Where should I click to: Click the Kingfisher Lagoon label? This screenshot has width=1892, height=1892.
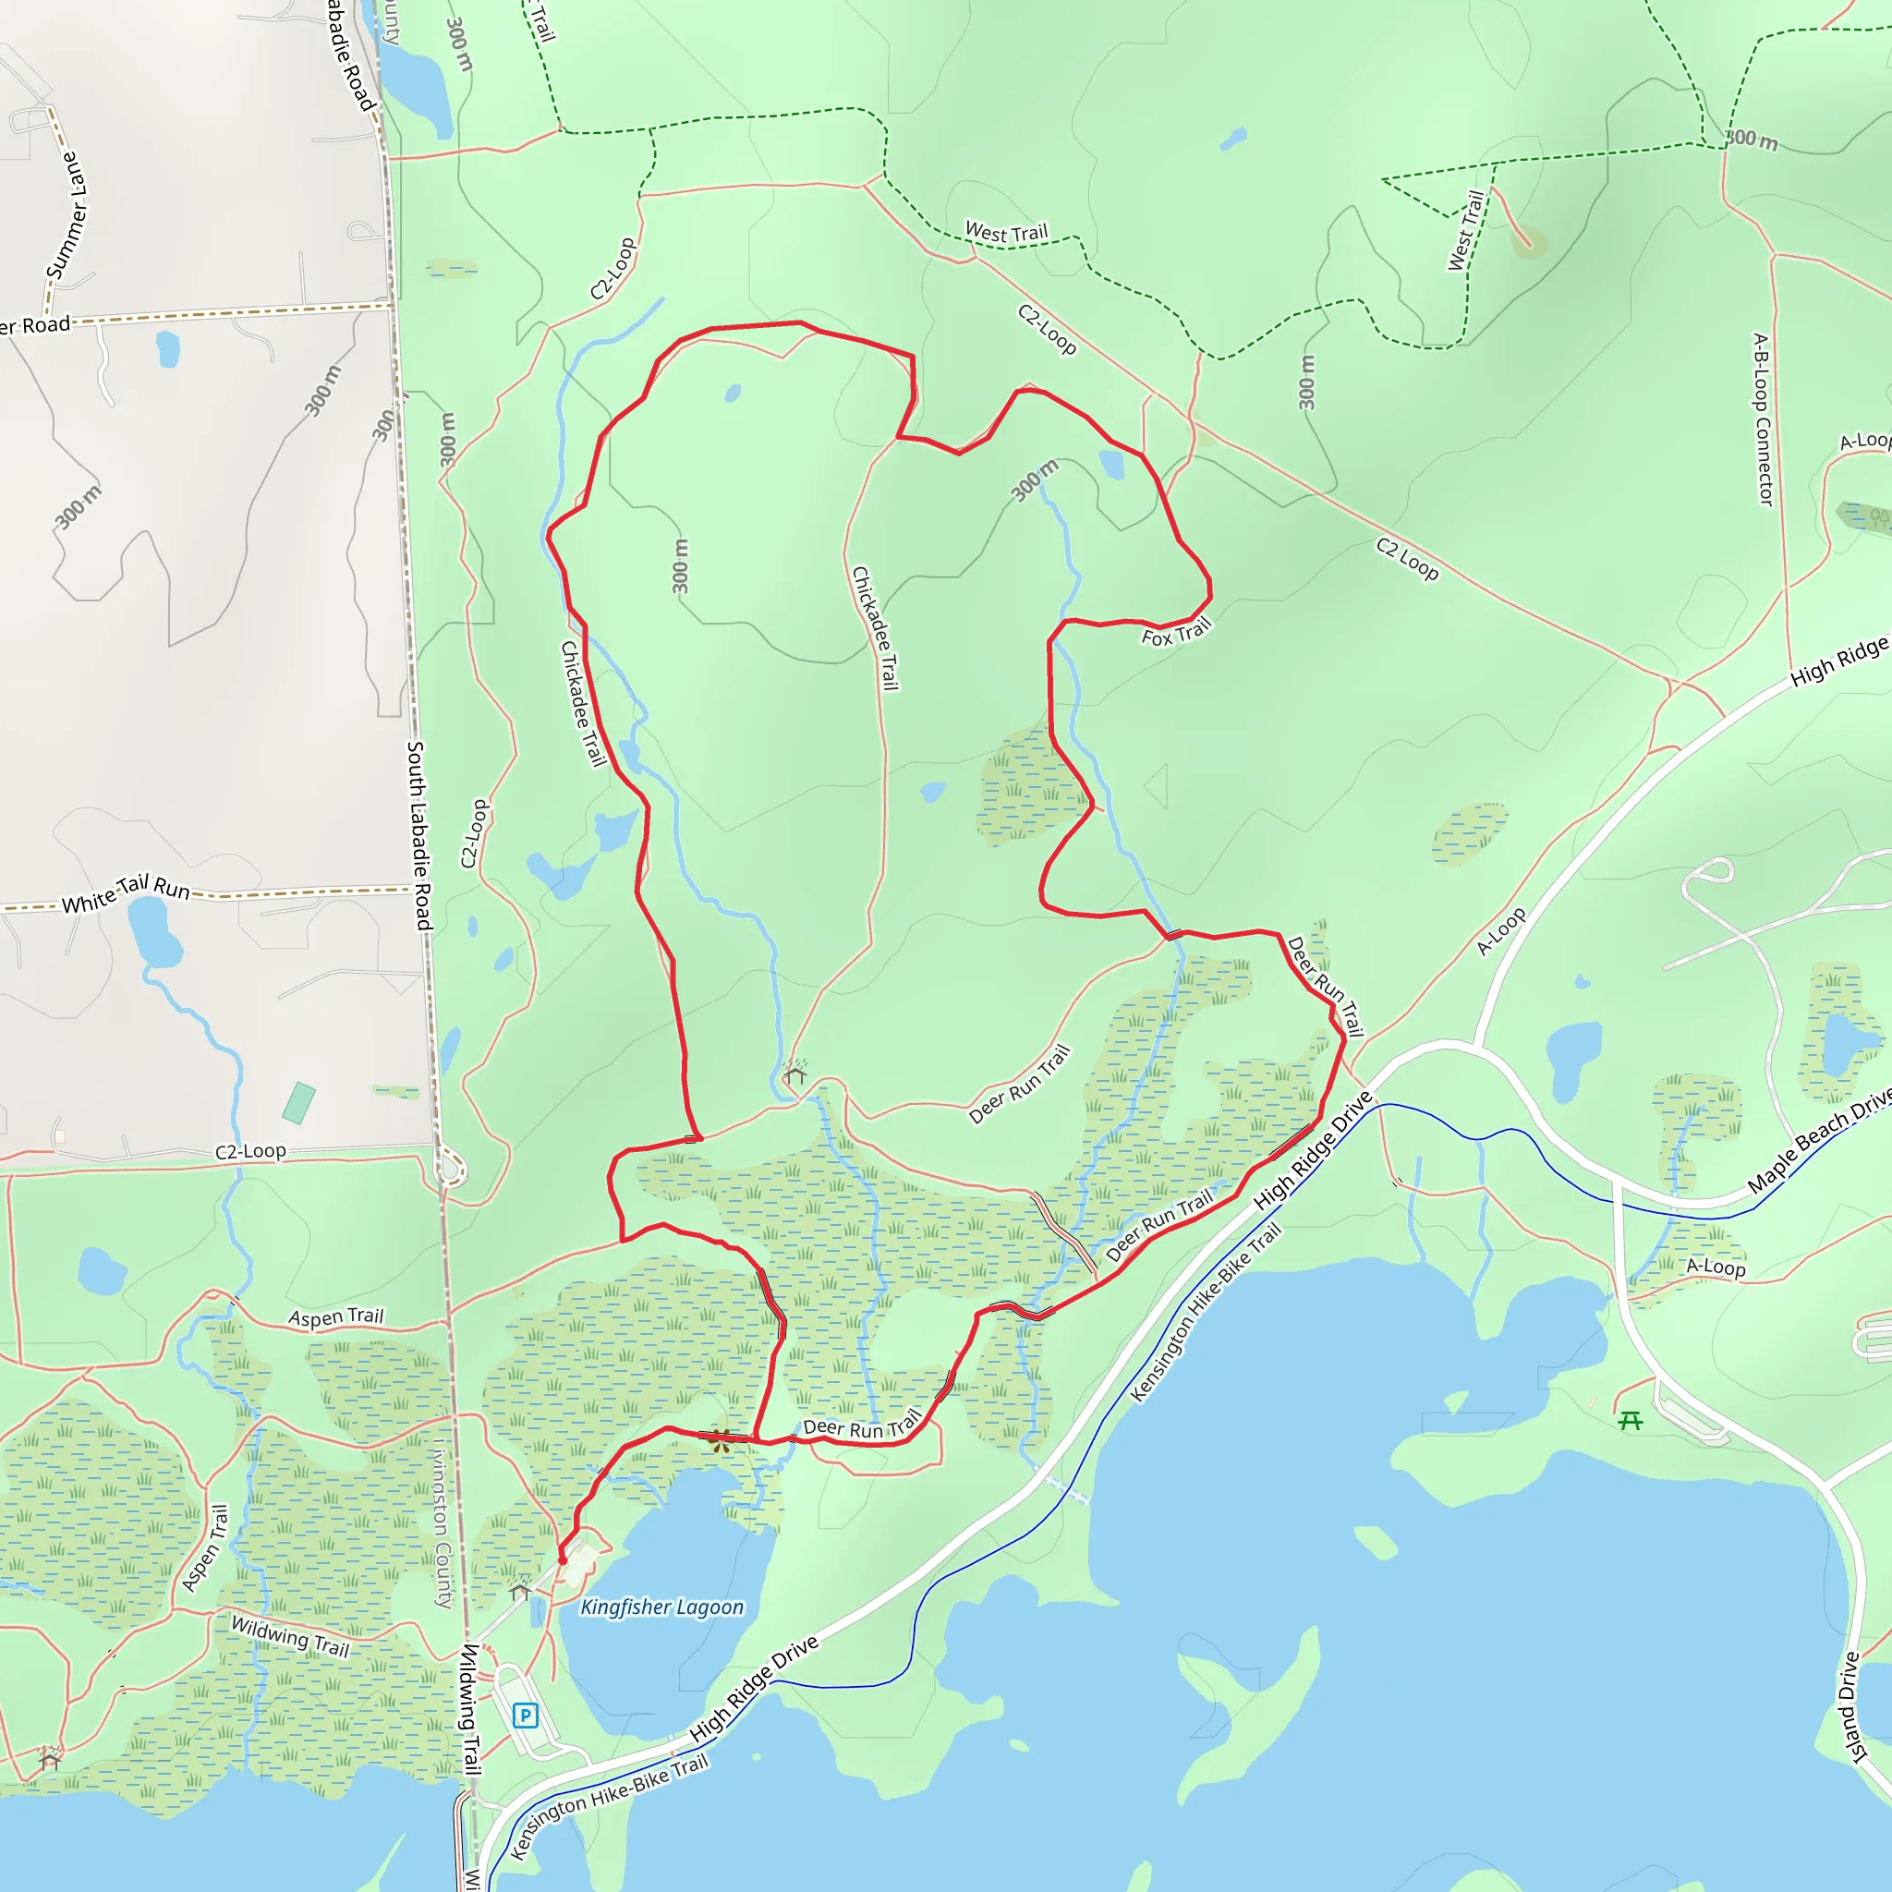(x=662, y=1607)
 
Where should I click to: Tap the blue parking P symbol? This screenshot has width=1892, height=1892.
(x=526, y=1715)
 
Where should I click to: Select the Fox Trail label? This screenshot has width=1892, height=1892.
(x=1176, y=633)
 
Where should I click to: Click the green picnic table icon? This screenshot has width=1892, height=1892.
(x=1630, y=1420)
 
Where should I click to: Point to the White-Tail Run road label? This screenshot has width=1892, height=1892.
(x=126, y=893)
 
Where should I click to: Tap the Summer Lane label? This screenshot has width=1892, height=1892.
(x=67, y=215)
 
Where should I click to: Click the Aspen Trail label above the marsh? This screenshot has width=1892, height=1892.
(x=336, y=1317)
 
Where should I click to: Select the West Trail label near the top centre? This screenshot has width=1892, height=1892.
(x=1006, y=233)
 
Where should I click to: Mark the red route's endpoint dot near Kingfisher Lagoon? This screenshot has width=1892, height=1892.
(x=562, y=1559)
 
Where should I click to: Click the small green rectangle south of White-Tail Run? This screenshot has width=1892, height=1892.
(x=298, y=1103)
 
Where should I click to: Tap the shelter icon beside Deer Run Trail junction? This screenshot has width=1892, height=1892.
(x=795, y=1075)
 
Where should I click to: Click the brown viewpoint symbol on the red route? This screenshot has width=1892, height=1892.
(x=720, y=1439)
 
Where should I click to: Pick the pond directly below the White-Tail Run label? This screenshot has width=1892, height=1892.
(x=153, y=931)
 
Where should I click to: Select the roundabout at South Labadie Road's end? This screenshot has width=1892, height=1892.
(x=452, y=1168)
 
